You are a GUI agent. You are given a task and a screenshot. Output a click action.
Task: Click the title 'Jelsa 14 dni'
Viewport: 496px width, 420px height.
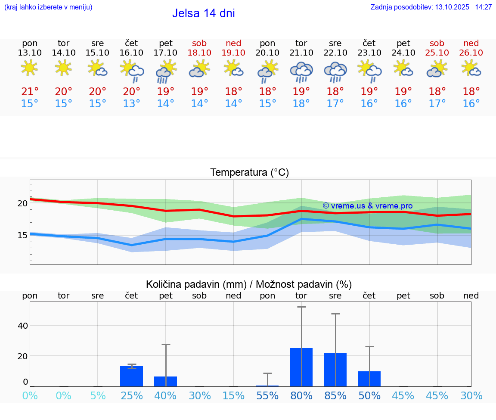coord(203,13)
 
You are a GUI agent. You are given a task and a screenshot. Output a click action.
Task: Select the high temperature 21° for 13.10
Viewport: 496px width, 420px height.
coord(30,92)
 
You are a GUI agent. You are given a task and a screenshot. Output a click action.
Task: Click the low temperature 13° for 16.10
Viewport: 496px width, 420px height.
coord(132,104)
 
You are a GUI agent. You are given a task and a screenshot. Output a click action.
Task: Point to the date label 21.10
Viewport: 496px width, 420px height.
coord(301,53)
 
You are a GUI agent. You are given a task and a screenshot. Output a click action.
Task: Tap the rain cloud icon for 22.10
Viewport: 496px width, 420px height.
coord(335,72)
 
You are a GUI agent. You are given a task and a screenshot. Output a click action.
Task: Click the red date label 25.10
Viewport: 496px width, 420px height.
coord(437,53)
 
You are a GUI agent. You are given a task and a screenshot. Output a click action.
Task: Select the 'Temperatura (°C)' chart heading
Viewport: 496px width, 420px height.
coord(249,173)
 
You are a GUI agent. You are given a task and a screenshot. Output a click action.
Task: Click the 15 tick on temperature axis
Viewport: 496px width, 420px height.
coord(22,235)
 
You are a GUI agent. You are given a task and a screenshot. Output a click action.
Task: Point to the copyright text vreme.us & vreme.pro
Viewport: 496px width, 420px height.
coord(368,206)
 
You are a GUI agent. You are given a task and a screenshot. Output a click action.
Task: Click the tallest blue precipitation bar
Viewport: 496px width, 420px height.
coord(301,367)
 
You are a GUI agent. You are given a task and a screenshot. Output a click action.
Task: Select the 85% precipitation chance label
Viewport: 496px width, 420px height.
coord(335,396)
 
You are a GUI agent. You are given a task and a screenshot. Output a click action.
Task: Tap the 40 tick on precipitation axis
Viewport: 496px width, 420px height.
coord(22,326)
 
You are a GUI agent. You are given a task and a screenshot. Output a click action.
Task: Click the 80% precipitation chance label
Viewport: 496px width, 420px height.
coord(301,396)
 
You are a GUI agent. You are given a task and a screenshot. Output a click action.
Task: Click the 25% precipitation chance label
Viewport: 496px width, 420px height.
coord(132,396)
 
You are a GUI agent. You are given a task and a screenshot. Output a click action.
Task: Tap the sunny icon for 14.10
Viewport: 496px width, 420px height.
coord(64,68)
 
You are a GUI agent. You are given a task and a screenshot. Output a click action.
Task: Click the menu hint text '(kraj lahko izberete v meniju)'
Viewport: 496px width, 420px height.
coord(48,7)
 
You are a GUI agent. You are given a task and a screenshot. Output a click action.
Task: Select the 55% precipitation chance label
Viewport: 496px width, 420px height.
coord(267,396)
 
